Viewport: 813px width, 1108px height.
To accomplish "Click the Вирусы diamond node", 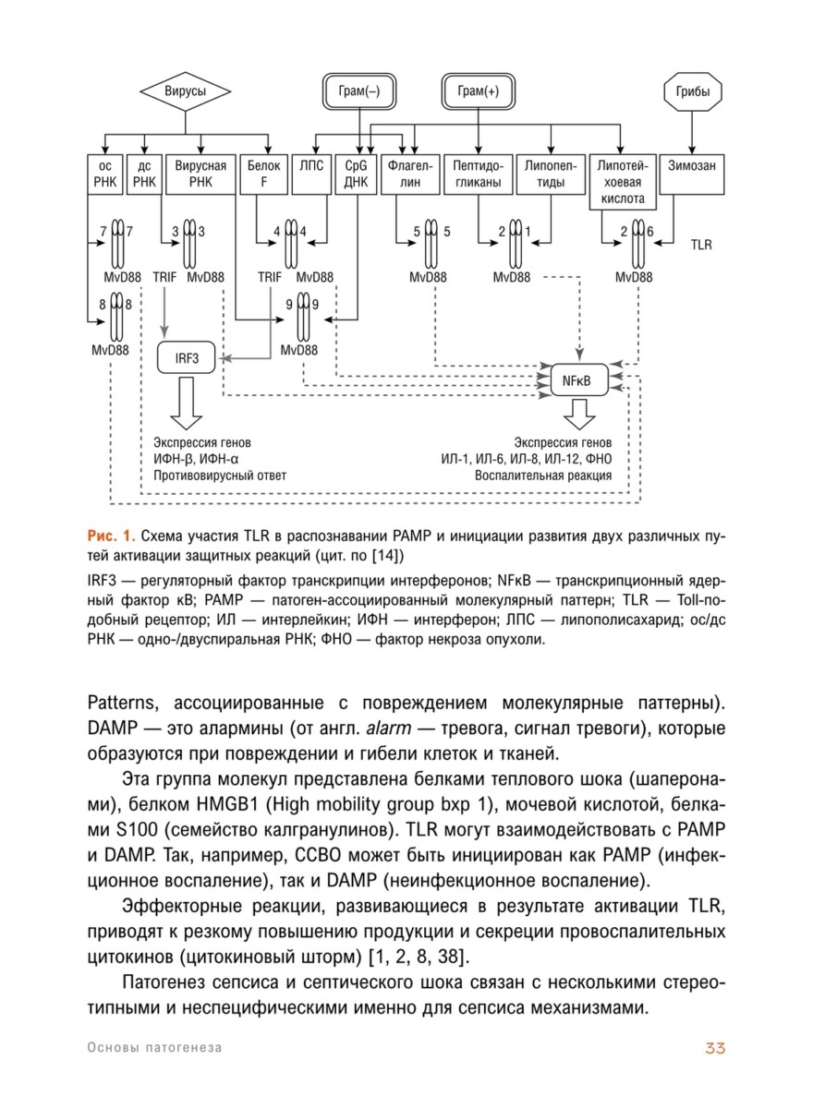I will click(x=185, y=92).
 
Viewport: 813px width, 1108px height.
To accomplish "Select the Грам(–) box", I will click(x=359, y=92).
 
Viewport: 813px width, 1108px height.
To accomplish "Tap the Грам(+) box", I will click(x=478, y=92).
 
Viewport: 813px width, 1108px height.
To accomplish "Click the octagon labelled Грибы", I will click(x=693, y=92).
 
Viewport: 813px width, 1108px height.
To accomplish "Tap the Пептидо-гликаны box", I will click(x=478, y=175).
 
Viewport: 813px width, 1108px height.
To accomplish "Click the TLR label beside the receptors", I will click(x=703, y=247).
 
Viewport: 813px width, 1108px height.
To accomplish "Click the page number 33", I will click(x=716, y=1048).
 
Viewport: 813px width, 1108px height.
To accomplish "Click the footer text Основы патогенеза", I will click(x=154, y=1048).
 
